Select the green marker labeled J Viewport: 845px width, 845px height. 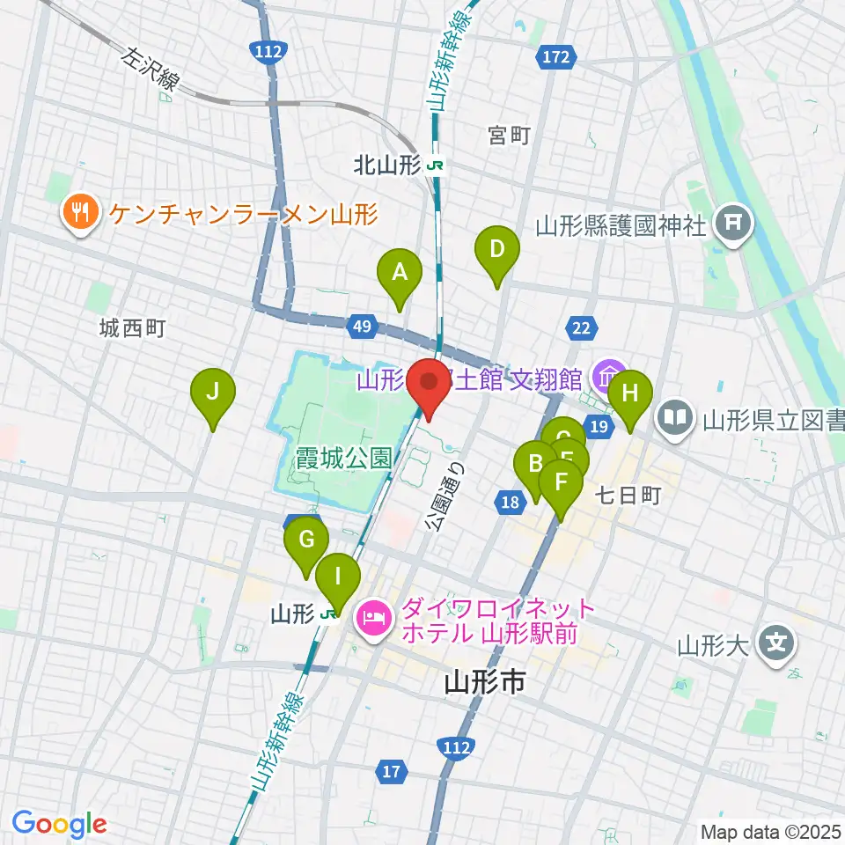(213, 394)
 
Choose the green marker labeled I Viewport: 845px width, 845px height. (338, 579)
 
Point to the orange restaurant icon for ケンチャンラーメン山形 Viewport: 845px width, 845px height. (79, 213)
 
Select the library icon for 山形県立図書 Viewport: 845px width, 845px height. (677, 415)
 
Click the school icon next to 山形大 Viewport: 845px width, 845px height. (776, 645)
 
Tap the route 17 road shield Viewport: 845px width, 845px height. (393, 773)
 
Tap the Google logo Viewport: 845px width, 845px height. (60, 824)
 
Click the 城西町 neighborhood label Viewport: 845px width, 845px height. (132, 329)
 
